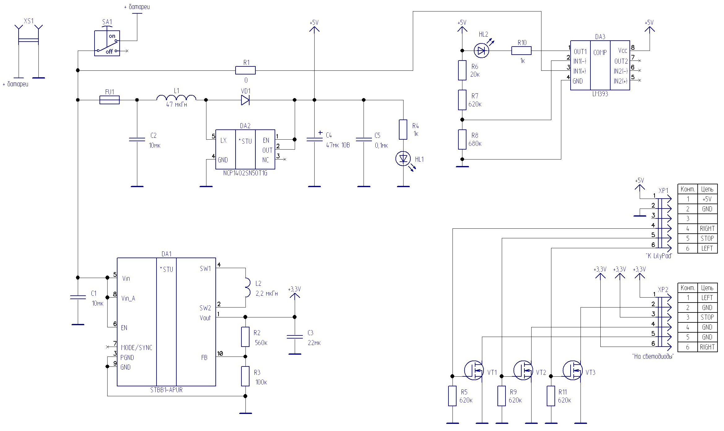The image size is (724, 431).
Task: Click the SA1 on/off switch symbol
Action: [107, 43]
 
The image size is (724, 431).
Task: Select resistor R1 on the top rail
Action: [245, 70]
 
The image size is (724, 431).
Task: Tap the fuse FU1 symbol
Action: [109, 100]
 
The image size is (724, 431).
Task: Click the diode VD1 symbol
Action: [245, 100]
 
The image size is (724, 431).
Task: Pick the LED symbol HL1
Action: [403, 159]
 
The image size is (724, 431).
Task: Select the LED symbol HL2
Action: [481, 51]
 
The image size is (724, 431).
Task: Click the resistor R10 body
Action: [521, 51]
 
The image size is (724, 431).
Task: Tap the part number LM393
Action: [600, 94]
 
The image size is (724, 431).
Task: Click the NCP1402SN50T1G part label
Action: [245, 173]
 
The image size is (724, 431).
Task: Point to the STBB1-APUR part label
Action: [166, 390]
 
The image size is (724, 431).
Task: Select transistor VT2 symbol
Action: [523, 370]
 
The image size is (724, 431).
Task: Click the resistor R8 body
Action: [462, 139]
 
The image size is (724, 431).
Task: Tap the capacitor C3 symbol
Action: [295, 337]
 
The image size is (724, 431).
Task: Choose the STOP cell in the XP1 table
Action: [707, 238]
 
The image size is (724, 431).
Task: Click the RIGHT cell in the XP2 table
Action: [707, 347]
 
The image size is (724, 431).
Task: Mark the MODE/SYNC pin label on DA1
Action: [137, 348]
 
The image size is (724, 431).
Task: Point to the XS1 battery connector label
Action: [29, 21]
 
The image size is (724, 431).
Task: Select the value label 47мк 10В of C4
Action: [338, 145]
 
